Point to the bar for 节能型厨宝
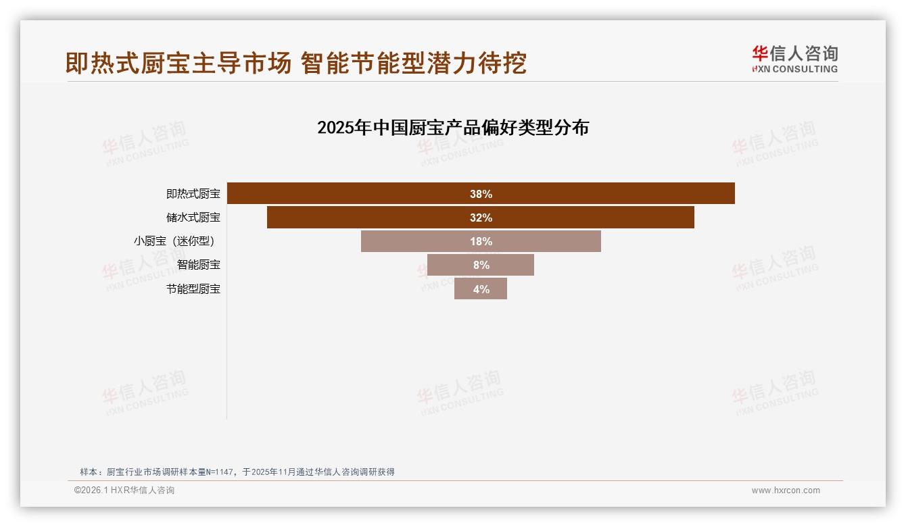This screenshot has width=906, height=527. (x=497, y=289)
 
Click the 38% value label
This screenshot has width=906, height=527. (x=481, y=194)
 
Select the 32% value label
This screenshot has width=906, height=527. (x=481, y=218)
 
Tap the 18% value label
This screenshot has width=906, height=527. (x=481, y=241)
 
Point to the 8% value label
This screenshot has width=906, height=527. (x=481, y=265)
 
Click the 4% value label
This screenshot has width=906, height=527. (x=481, y=289)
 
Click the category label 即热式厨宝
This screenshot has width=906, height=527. (x=193, y=194)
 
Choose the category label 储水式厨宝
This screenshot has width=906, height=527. (x=193, y=218)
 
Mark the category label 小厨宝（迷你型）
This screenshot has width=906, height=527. (x=178, y=241)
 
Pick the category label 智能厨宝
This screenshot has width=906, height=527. (x=199, y=265)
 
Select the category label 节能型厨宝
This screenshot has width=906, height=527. (x=193, y=289)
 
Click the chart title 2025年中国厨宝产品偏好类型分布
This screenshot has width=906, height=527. (x=453, y=128)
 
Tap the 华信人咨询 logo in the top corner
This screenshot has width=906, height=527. (x=794, y=59)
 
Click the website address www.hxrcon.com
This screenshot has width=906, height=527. (x=786, y=491)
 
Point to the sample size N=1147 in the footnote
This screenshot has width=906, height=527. (x=218, y=472)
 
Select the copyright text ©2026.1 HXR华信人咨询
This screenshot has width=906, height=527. (x=124, y=491)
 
